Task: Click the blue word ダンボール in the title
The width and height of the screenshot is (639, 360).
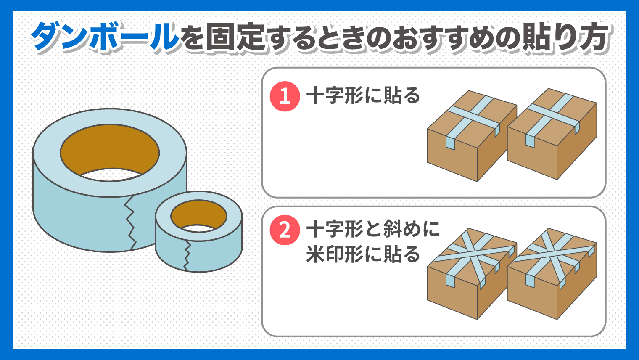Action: (x=105, y=37)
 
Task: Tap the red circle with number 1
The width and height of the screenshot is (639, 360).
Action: (x=285, y=96)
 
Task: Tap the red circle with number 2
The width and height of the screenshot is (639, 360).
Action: (x=285, y=230)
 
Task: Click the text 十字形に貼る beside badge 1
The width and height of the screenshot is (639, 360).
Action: (x=363, y=95)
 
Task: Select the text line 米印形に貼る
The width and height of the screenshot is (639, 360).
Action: (x=363, y=254)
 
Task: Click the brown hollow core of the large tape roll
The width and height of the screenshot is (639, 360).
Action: (x=110, y=148)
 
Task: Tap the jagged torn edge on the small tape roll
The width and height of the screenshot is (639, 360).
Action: (x=187, y=256)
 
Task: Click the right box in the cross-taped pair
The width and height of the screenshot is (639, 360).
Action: (x=552, y=134)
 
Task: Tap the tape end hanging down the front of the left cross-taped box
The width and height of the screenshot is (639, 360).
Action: (x=450, y=143)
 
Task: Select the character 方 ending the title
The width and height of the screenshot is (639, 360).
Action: (x=594, y=37)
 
